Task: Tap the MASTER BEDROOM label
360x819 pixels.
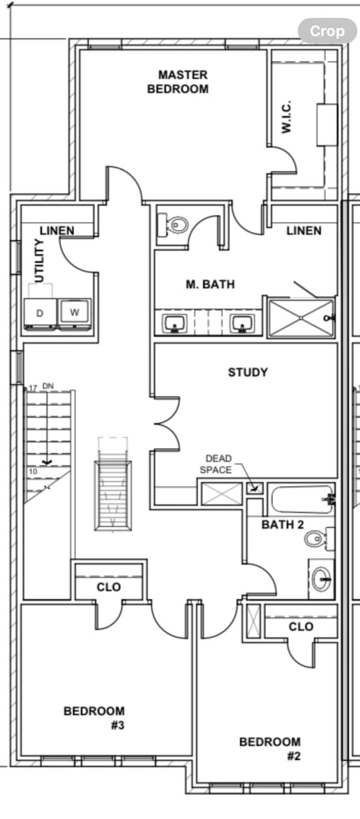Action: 178,81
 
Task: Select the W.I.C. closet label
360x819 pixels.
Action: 286,117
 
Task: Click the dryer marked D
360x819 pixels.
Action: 40,314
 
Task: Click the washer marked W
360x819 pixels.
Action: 75,313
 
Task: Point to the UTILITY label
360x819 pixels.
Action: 39,261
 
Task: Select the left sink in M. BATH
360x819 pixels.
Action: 176,323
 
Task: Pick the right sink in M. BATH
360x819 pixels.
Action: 243,323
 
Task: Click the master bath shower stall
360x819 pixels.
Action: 301,318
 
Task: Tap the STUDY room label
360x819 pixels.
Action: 248,372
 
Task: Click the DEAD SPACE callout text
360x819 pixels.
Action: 218,464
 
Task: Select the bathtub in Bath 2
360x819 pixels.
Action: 302,500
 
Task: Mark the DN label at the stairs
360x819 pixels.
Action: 47,386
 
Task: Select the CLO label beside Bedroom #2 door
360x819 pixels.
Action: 301,627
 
